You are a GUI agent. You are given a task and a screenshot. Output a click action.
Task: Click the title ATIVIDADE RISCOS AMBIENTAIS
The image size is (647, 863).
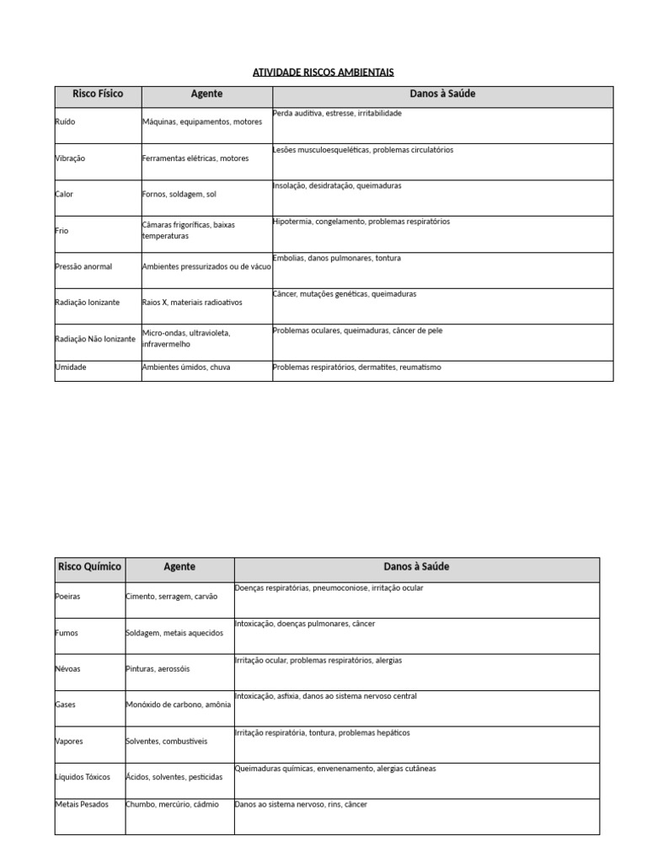[323, 72]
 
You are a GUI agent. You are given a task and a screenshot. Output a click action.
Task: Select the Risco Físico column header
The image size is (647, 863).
[98, 94]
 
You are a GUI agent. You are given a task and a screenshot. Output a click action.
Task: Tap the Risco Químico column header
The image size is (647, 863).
[89, 567]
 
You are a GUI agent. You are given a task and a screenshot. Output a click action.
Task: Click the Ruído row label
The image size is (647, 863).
[65, 122]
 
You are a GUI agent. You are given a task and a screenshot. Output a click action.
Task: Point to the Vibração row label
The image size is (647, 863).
[70, 158]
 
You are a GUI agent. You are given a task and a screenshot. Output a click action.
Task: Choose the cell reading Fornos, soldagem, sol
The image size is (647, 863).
[179, 195]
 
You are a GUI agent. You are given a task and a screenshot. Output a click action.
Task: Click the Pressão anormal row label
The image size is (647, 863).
[83, 266]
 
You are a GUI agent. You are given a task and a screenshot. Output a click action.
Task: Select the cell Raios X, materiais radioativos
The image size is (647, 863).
[192, 303]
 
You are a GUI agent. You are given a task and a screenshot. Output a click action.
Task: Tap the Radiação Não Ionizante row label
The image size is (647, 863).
[94, 339]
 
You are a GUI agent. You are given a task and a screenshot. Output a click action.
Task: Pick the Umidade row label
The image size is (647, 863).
[71, 367]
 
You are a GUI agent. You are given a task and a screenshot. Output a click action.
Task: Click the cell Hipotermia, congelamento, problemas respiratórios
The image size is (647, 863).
[361, 222]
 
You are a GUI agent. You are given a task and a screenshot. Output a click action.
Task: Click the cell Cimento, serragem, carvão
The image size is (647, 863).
[171, 597]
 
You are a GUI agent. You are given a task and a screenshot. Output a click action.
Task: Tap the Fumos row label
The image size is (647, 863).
[67, 633]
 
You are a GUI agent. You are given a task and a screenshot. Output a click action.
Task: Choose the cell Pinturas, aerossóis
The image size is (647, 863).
[158, 669]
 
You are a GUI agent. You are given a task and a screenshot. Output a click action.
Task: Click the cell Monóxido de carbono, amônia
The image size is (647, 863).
[178, 705]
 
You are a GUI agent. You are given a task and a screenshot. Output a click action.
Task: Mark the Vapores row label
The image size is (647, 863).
[69, 742]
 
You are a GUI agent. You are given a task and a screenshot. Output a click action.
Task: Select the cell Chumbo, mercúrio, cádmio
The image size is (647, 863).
[172, 805]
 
